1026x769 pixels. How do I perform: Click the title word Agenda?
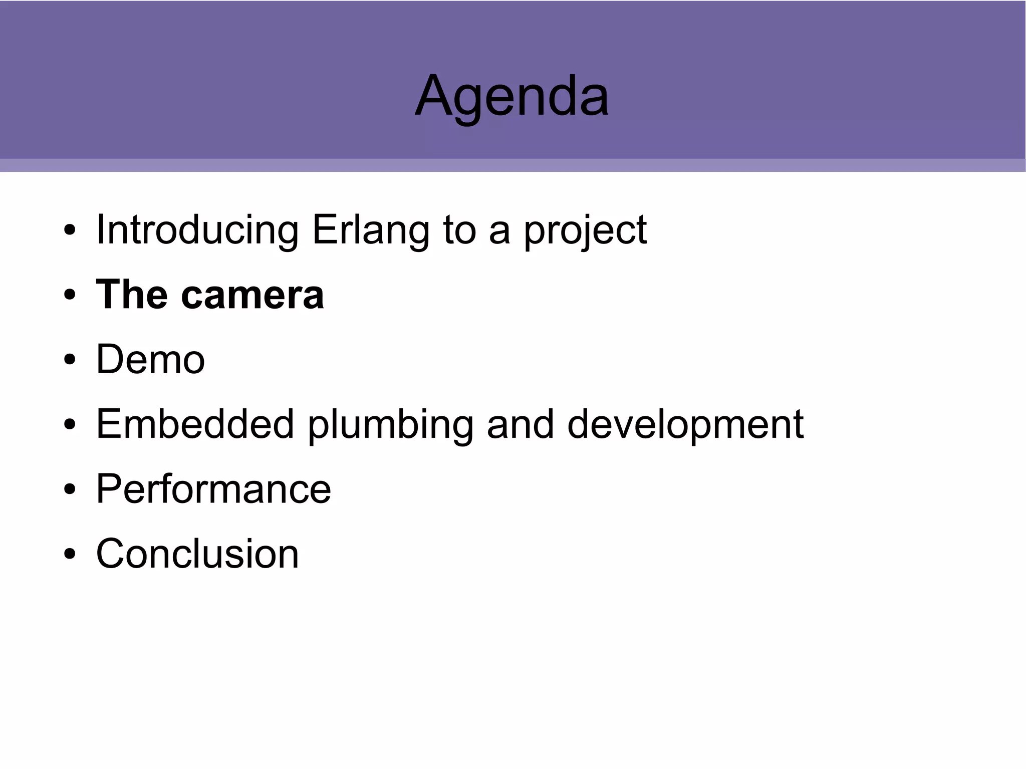[512, 96]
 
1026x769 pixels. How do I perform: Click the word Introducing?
[197, 230]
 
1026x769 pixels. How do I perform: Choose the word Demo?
[150, 359]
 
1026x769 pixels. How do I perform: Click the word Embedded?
[195, 424]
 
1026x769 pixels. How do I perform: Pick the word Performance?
[213, 489]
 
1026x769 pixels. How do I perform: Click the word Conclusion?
[197, 554]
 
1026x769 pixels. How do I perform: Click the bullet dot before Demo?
[70, 360]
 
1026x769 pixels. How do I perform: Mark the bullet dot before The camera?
[70, 295]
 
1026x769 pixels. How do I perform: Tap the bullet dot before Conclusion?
[70, 555]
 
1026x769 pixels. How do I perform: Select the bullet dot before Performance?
[70, 489]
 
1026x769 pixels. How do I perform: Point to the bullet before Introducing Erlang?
[70, 230]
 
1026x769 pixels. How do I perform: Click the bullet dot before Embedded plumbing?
[70, 425]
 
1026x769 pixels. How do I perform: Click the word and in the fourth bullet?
[520, 424]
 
